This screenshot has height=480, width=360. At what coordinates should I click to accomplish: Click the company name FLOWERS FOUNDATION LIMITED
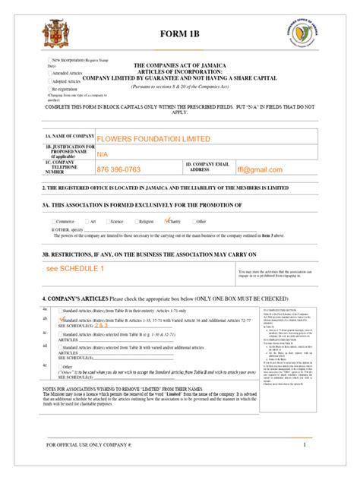(151, 139)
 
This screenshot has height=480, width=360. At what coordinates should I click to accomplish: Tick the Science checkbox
(107, 222)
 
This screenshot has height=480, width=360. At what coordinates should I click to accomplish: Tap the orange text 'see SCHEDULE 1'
(75, 269)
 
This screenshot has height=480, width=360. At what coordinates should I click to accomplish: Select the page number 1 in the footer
(303, 466)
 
